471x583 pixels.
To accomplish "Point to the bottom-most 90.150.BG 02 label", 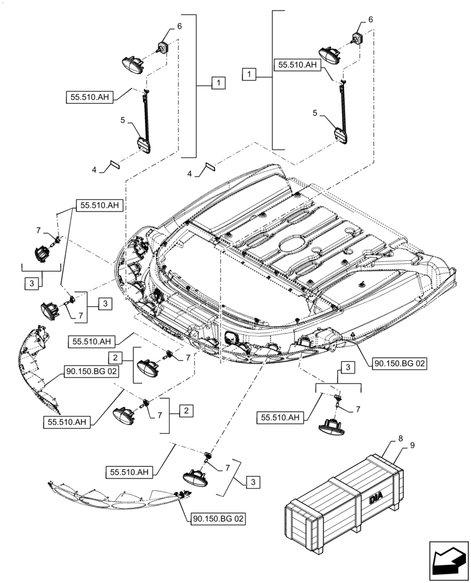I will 216,517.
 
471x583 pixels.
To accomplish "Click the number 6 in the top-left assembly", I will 180,26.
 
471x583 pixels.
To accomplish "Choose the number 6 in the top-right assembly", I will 370,20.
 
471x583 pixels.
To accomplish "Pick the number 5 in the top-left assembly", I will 123,120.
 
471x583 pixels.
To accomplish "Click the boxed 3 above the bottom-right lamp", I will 347,367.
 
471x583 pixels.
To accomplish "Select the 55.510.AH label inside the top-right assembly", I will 297,66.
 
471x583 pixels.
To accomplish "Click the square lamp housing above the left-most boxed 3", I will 41,253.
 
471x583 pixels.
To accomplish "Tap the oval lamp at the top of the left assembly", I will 133,63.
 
